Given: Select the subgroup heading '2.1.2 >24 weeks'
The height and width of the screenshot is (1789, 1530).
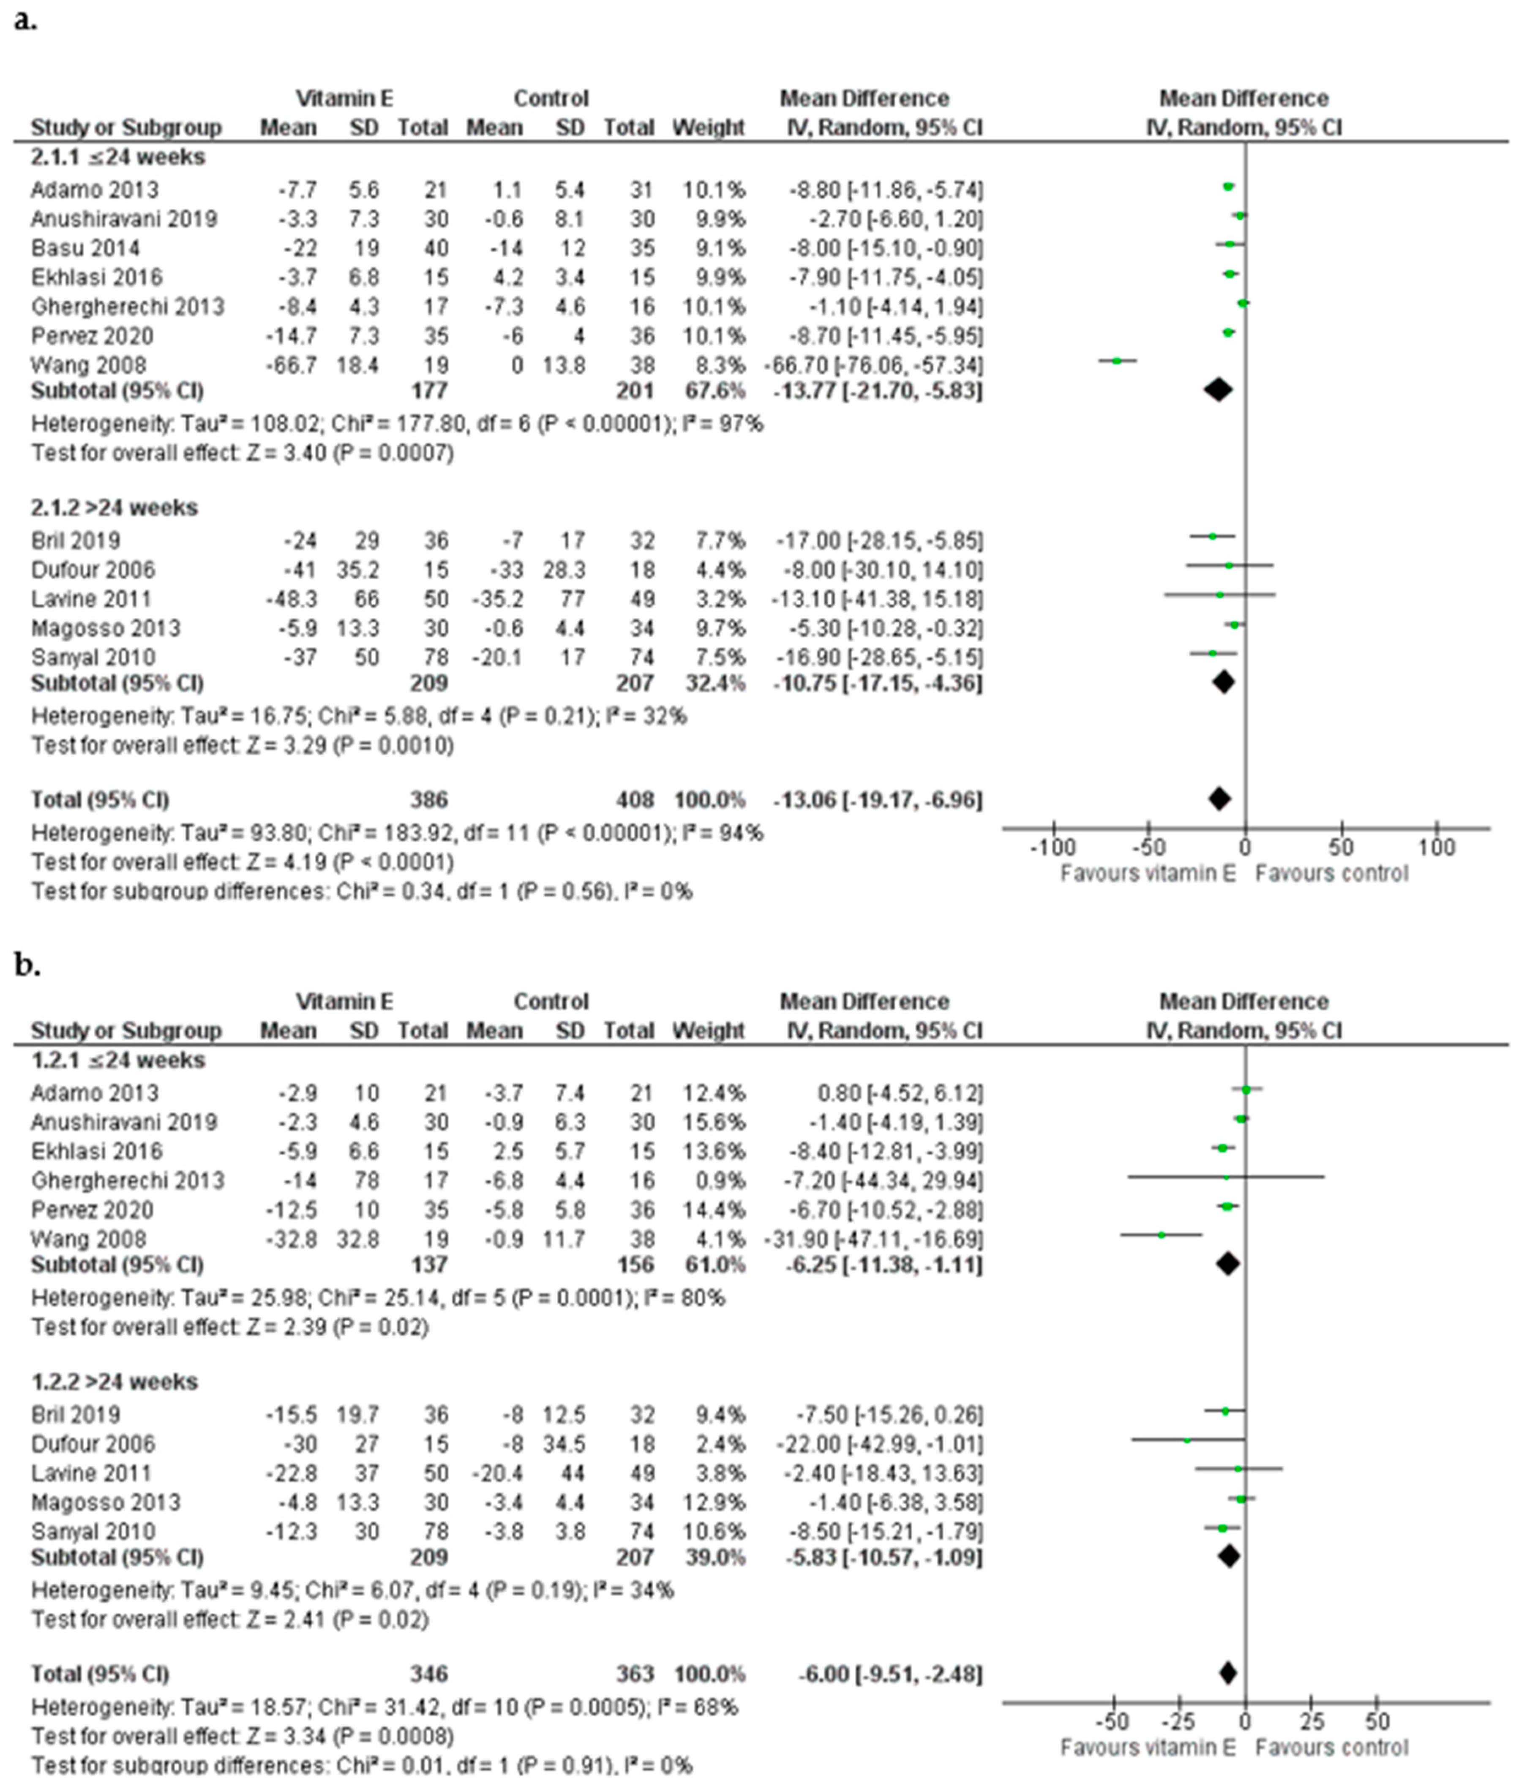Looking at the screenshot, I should coord(115,508).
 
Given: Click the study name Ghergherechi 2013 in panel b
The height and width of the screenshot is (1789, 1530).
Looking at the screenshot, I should coord(128,1180).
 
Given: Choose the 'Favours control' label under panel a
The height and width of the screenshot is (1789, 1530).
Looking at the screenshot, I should coord(1331,874).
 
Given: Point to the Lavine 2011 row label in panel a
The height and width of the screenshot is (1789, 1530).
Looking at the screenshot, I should coord(92,599).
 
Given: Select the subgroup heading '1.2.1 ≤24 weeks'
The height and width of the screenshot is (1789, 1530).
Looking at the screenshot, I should coord(118,1060).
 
